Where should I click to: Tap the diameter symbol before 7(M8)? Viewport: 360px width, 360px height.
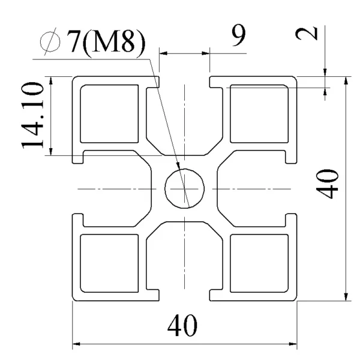pyautogui.click(x=50, y=41)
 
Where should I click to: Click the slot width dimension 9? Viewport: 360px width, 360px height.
pyautogui.click(x=239, y=35)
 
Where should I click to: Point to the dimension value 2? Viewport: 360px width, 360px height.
pyautogui.click(x=307, y=34)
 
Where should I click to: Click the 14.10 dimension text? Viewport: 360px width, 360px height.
pyautogui.click(x=32, y=115)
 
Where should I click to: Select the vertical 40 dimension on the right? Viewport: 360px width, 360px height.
pyautogui.click(x=327, y=184)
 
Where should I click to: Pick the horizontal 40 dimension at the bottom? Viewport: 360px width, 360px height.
pyautogui.click(x=182, y=325)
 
